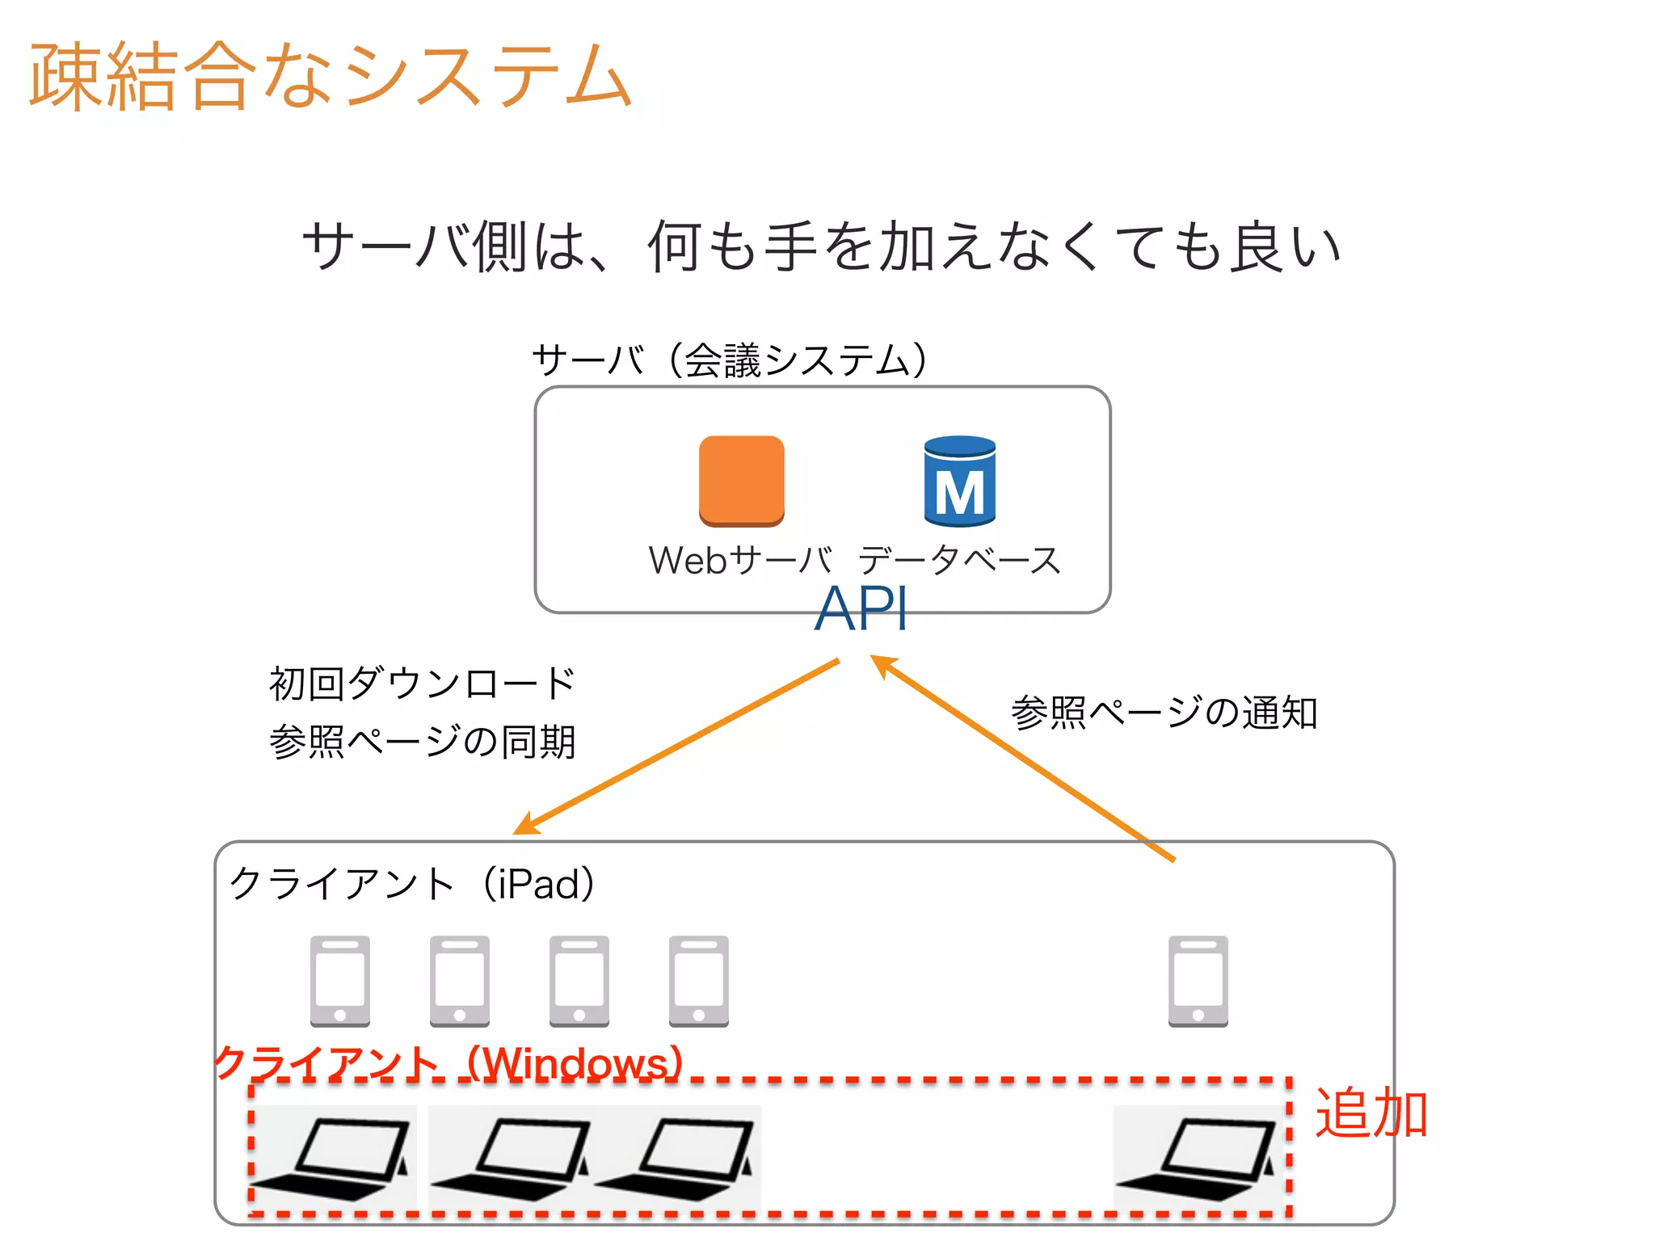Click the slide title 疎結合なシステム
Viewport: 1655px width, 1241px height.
pos(330,76)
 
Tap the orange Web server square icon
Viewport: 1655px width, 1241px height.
pos(741,480)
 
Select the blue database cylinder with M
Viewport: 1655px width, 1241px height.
pos(959,482)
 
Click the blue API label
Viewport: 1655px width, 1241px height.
pos(861,608)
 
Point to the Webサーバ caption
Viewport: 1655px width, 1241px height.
pos(740,560)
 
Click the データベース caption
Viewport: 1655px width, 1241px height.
pos(959,560)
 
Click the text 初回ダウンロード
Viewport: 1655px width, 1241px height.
pos(422,684)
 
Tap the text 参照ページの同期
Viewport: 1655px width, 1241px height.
pos(422,742)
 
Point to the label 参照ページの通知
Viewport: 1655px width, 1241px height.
pos(1164,713)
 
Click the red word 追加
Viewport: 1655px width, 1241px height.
pos(1371,1113)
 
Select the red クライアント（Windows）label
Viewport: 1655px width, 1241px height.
pos(449,1063)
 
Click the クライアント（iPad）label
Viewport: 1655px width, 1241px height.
pos(413,884)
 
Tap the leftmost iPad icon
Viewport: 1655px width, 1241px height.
pos(340,981)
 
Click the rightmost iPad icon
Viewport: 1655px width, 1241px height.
pos(1198,981)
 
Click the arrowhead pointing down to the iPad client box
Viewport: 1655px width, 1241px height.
pos(526,825)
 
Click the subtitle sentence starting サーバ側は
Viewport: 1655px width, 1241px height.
pos(821,246)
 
